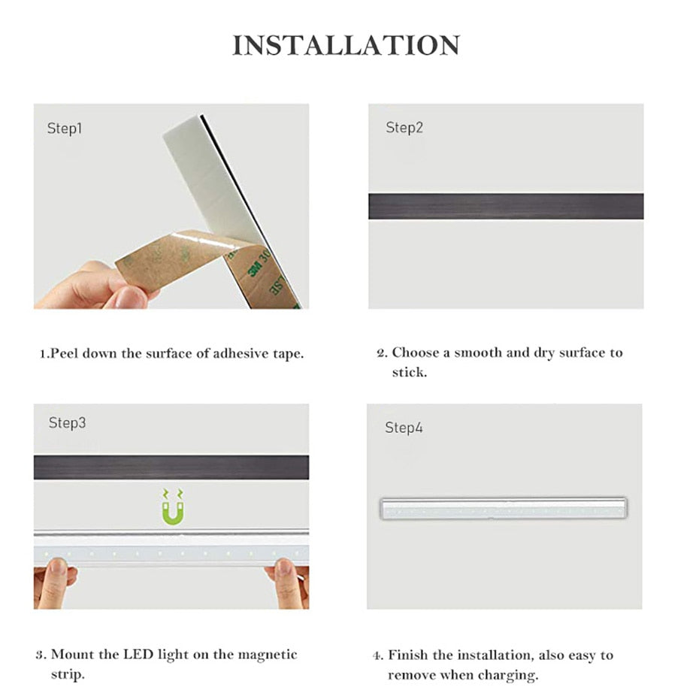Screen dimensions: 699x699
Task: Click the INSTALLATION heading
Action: [346, 45]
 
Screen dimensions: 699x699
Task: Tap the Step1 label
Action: [65, 129]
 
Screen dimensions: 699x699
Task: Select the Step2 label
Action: [404, 128]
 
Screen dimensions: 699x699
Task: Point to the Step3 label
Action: [67, 423]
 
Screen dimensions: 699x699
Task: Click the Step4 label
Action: [404, 428]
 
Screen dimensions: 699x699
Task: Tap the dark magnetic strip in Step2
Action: [505, 206]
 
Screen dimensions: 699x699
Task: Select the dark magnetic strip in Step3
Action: [171, 467]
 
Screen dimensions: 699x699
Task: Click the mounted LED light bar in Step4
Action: [504, 508]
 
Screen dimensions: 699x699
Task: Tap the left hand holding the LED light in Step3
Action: [54, 585]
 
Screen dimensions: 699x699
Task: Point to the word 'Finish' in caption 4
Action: [410, 655]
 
